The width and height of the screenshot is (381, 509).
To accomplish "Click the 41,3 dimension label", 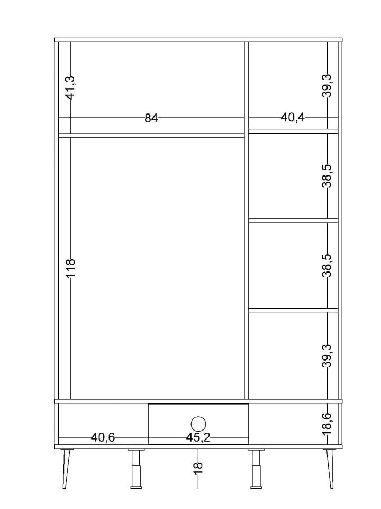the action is click(70, 87).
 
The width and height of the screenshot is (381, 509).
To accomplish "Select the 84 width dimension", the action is click(151, 118).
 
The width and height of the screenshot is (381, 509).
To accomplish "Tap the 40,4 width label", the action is click(293, 118).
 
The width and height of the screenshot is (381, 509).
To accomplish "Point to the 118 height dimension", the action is click(70, 268).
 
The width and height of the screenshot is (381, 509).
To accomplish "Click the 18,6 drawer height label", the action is click(327, 424).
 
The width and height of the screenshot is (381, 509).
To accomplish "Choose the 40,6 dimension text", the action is click(103, 437).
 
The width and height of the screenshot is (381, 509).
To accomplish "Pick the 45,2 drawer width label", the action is click(198, 437).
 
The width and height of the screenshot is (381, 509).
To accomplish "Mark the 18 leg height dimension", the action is click(198, 468).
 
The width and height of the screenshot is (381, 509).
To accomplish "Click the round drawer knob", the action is click(198, 424).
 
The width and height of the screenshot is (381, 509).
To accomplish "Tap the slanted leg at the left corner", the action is click(67, 468).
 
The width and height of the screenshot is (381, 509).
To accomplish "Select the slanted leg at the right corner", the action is click(329, 468).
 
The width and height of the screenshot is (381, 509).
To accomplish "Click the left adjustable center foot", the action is click(136, 469).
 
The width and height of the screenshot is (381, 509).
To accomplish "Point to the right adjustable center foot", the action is click(256, 469).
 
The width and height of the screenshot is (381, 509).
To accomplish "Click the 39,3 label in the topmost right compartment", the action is click(327, 86).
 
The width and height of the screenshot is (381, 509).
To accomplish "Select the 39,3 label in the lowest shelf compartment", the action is click(327, 356).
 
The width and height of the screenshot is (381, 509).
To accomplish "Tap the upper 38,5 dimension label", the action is click(327, 176).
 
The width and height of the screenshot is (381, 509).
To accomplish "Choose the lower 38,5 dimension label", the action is click(327, 265).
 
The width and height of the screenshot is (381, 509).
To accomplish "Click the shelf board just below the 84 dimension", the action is click(151, 135).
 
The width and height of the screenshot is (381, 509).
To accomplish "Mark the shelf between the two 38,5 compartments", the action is click(293, 221).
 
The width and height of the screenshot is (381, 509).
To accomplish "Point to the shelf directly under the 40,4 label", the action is click(293, 131).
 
